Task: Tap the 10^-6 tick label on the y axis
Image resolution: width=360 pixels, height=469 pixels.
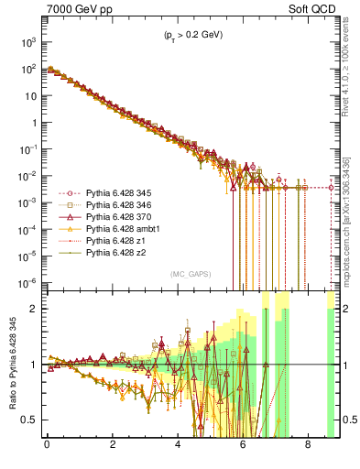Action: click(28, 281)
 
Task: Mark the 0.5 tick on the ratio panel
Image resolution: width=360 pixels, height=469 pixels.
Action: click(27, 420)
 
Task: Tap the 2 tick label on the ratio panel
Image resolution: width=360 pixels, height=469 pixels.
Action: click(32, 309)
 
